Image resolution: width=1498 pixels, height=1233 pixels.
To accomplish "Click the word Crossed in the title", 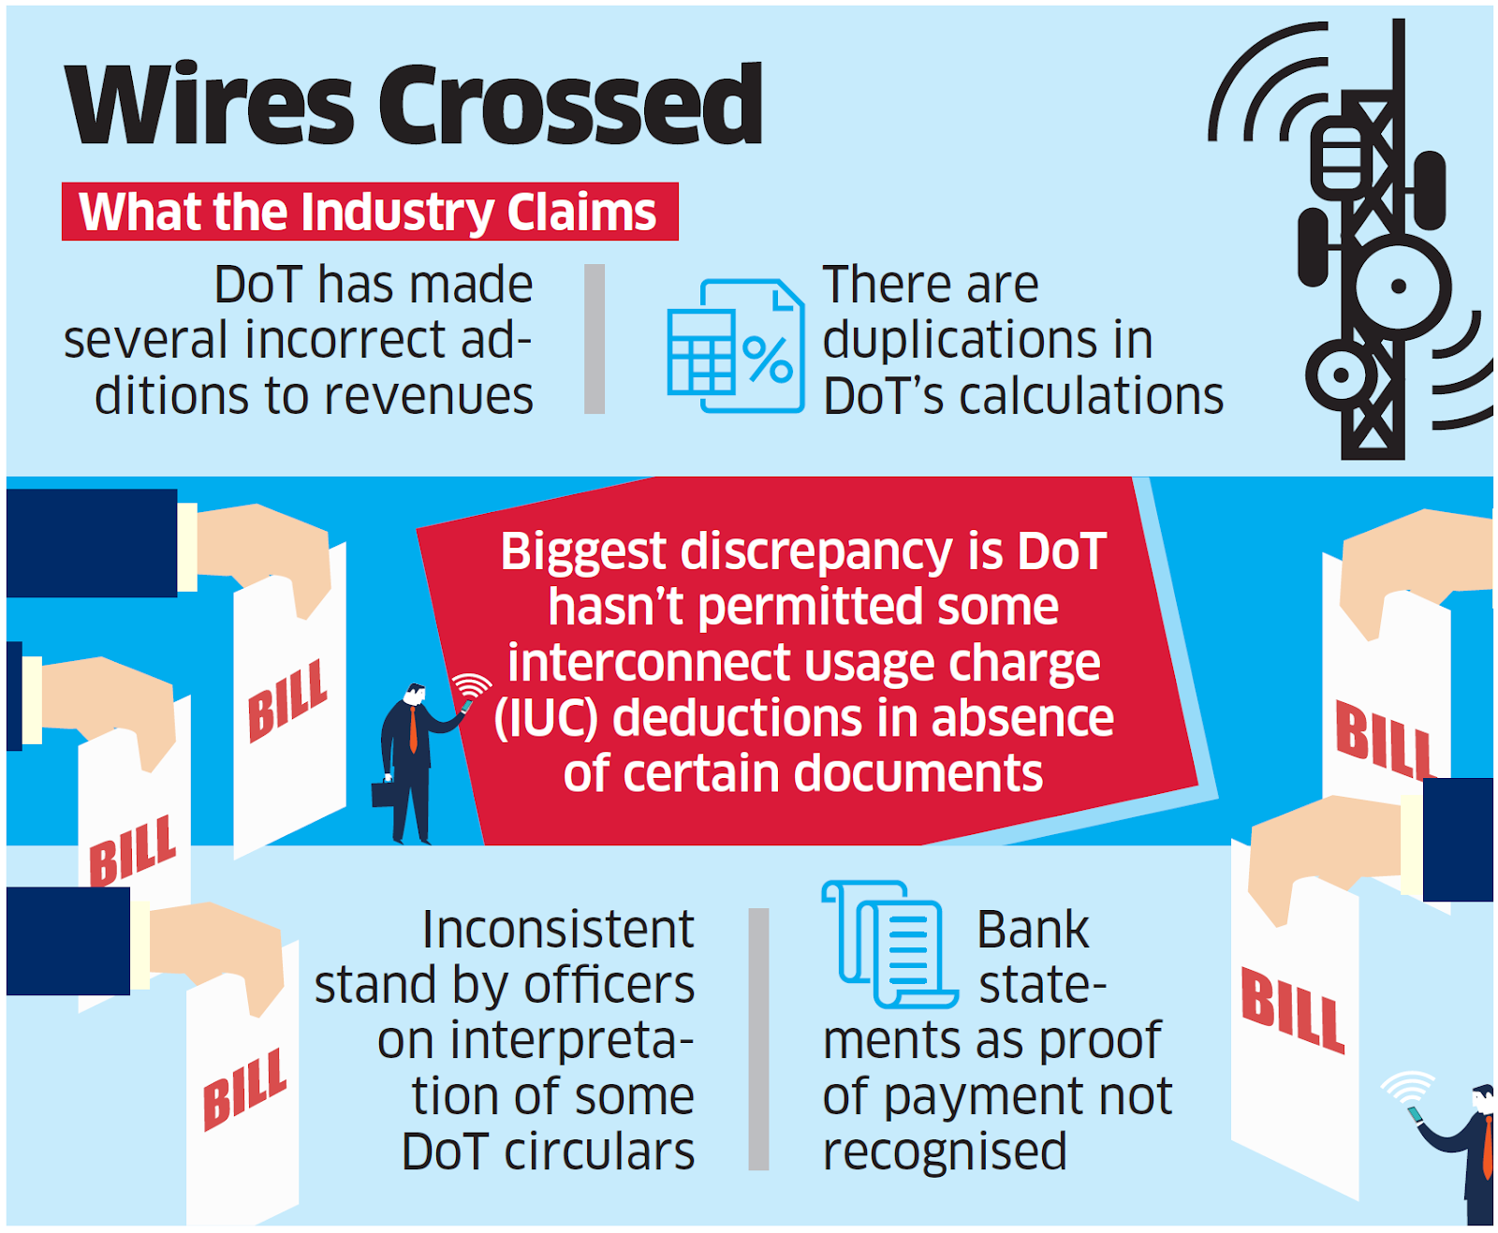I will [x=571, y=105].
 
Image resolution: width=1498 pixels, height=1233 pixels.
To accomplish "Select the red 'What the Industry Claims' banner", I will [x=370, y=212].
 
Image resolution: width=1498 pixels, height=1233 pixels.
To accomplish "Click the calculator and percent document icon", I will [x=736, y=346].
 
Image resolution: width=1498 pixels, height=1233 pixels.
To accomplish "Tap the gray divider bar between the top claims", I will [x=595, y=339].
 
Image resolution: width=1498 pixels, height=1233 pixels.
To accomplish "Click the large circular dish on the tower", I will [x=1399, y=286].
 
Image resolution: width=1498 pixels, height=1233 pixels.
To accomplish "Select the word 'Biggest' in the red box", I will [x=582, y=550].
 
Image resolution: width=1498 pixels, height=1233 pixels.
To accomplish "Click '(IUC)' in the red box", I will [x=547, y=718].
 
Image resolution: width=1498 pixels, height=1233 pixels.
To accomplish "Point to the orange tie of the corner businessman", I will [x=1488, y=1147].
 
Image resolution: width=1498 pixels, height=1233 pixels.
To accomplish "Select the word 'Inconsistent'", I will [x=558, y=930].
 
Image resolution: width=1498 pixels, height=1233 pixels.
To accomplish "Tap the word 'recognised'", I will [x=945, y=1152].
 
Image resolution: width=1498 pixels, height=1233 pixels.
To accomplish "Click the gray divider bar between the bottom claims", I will [x=758, y=1039].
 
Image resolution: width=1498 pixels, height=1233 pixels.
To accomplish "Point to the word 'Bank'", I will [x=1033, y=930].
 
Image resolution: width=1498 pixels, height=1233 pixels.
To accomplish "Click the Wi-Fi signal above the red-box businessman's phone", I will [x=472, y=684].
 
